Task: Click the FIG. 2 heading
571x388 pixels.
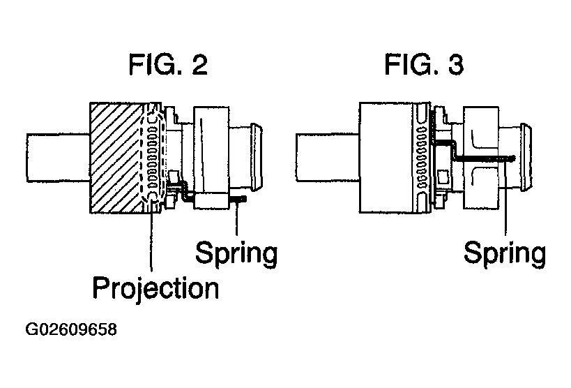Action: [168, 64]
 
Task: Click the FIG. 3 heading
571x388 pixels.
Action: [424, 64]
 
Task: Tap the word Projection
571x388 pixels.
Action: [156, 288]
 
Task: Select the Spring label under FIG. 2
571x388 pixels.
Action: [236, 253]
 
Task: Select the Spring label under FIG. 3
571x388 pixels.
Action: [505, 253]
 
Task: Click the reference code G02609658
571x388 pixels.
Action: [71, 329]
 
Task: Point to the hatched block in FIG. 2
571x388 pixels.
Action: [116, 158]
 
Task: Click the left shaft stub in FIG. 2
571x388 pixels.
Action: [59, 158]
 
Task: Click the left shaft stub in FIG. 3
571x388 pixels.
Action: [328, 158]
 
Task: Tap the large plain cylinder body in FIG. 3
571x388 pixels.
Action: [387, 158]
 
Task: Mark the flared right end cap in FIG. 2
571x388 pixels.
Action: [257, 157]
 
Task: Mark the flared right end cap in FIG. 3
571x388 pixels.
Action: [526, 157]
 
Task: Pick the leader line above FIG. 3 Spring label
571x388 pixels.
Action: [505, 197]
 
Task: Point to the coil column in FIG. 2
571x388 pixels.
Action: [153, 157]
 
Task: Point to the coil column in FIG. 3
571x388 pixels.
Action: [422, 157]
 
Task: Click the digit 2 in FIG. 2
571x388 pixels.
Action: [199, 65]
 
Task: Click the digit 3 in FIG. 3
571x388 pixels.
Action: [456, 65]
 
